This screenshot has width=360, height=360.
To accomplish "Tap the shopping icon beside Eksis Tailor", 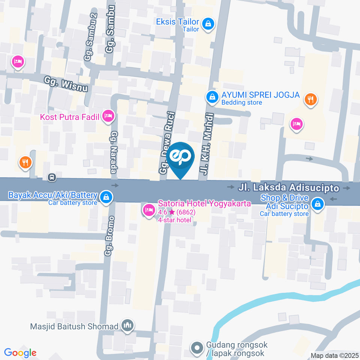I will coord(207,24).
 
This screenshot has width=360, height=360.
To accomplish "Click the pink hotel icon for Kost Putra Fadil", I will coord(108,116).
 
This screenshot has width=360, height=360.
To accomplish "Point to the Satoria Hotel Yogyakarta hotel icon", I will coord(148,209).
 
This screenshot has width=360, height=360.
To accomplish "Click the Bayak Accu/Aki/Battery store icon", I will coord(106,196).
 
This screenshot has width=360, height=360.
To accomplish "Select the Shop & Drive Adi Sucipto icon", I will coord(318,204).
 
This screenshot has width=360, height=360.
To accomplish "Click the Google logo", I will coord(20,353).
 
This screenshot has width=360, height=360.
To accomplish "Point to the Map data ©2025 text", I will coord(334,355).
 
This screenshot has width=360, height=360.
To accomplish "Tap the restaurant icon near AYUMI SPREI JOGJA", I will coord(310,99).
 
